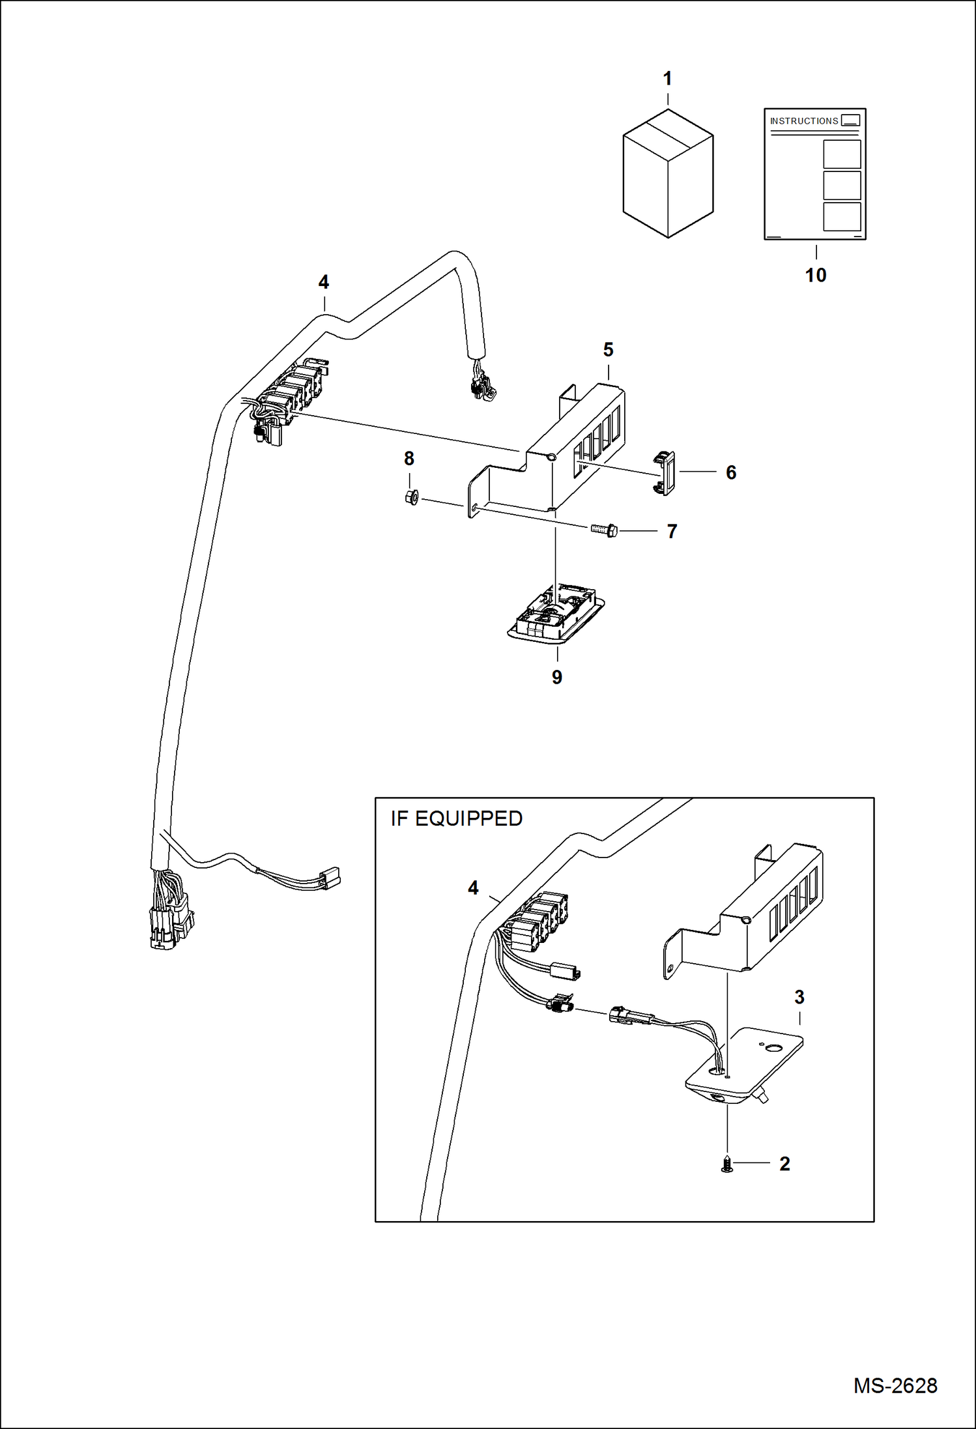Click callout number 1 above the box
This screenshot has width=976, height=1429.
667,79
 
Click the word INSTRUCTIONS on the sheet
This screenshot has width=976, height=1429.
803,121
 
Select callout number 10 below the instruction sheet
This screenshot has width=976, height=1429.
815,275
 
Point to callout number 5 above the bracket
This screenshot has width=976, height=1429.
608,350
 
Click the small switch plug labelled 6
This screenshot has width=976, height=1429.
665,473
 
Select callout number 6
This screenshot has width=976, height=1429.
731,472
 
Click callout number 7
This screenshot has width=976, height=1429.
672,532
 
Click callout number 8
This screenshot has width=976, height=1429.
409,459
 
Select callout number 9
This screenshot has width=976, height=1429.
557,677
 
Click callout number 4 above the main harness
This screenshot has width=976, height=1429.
324,282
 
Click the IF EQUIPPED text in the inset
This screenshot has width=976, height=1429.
456,818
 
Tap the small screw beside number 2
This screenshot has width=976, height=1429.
727,1163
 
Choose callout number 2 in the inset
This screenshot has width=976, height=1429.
784,1164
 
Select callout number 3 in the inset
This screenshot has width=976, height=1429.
799,997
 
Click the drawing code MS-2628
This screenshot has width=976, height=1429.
895,1385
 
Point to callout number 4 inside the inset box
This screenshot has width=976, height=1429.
473,888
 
